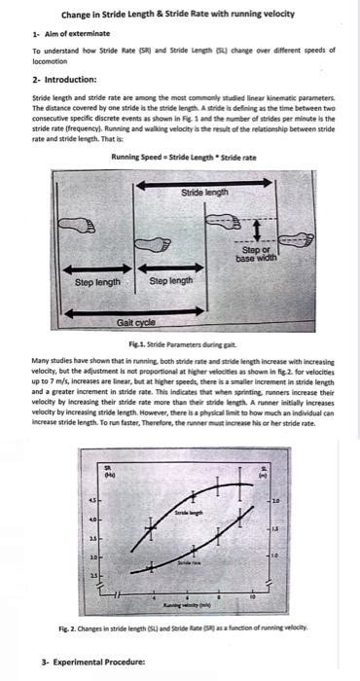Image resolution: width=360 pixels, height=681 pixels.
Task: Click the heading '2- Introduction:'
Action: click(x=63, y=79)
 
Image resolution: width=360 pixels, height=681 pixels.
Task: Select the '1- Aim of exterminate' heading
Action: click(x=67, y=34)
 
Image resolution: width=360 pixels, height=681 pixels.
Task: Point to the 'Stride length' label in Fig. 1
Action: click(x=205, y=193)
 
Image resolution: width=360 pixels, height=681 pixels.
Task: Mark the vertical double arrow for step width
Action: click(x=255, y=231)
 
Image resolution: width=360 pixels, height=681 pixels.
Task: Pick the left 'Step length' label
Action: click(x=97, y=282)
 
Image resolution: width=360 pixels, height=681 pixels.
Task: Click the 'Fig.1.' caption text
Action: click(x=156, y=343)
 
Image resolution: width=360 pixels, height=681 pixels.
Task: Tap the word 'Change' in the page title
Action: click(x=79, y=15)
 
